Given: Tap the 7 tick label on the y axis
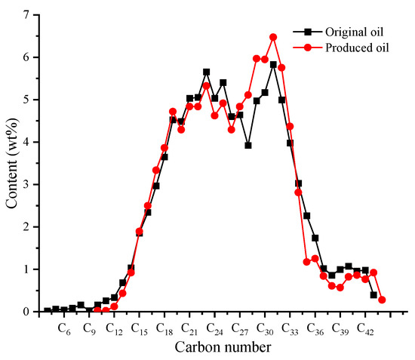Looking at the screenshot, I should [26, 15].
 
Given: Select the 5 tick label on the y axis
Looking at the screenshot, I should [26, 100].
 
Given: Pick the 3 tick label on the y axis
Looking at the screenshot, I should [26, 184].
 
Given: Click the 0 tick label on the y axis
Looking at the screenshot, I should [26, 312].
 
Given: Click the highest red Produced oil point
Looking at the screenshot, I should [273, 37].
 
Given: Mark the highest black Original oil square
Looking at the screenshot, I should [273, 64].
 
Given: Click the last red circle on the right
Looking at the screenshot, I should [382, 300].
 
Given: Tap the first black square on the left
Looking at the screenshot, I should [48, 310].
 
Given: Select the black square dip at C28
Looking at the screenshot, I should [247, 145].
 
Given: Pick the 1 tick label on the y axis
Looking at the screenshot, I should [26, 269].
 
